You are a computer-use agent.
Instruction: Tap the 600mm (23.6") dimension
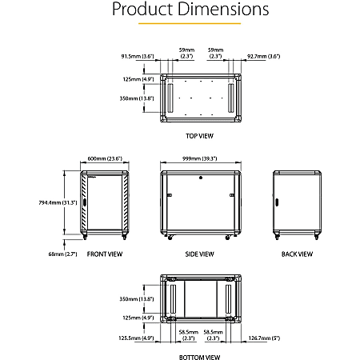[x=106, y=158]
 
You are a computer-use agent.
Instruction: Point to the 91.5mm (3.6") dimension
[x=137, y=57]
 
